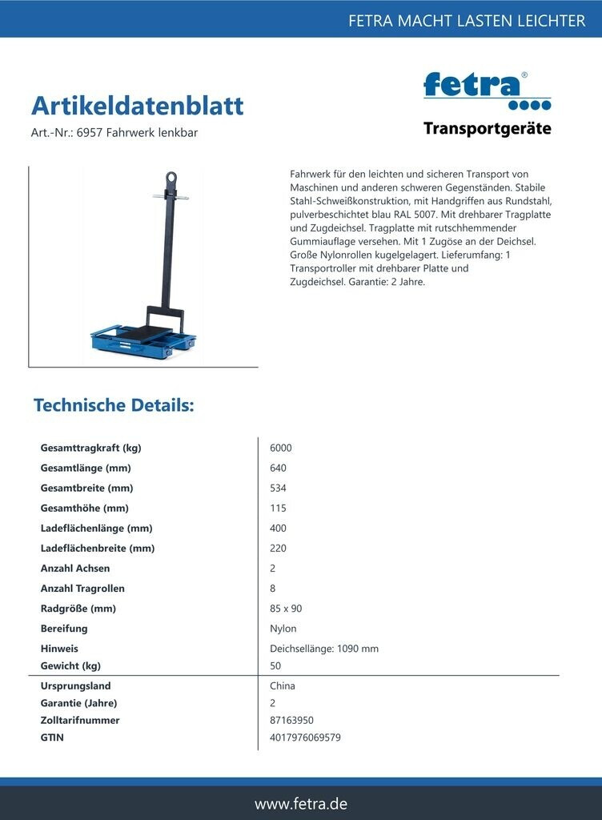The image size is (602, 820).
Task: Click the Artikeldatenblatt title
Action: pyautogui.click(x=137, y=106)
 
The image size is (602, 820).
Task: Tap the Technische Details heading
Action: pyautogui.click(x=114, y=405)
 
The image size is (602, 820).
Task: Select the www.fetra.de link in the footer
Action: pyautogui.click(x=301, y=803)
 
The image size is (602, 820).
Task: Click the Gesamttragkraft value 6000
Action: pyautogui.click(x=281, y=448)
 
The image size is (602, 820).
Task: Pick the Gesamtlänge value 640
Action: pyautogui.click(x=279, y=468)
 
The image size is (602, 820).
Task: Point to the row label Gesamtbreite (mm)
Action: pyautogui.click(x=86, y=488)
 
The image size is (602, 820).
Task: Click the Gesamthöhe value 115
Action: pyautogui.click(x=278, y=508)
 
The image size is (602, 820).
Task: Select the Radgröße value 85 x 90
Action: pyautogui.click(x=286, y=609)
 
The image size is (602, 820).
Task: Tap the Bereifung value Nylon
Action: pyautogui.click(x=283, y=629)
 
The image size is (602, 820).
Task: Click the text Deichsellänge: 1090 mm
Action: pyautogui.click(x=324, y=649)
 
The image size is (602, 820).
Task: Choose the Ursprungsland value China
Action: pyautogui.click(x=283, y=686)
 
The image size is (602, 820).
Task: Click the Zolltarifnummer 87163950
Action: pyautogui.click(x=291, y=721)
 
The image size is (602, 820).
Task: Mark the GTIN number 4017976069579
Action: pyautogui.click(x=305, y=738)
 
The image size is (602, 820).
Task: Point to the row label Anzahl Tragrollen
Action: pyautogui.click(x=82, y=589)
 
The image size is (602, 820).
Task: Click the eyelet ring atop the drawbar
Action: pyautogui.click(x=171, y=178)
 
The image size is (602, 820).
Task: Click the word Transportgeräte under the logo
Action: pyautogui.click(x=487, y=129)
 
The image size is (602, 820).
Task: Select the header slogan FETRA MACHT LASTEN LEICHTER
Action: pyautogui.click(x=467, y=21)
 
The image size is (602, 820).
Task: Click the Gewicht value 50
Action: pyautogui.click(x=276, y=666)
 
